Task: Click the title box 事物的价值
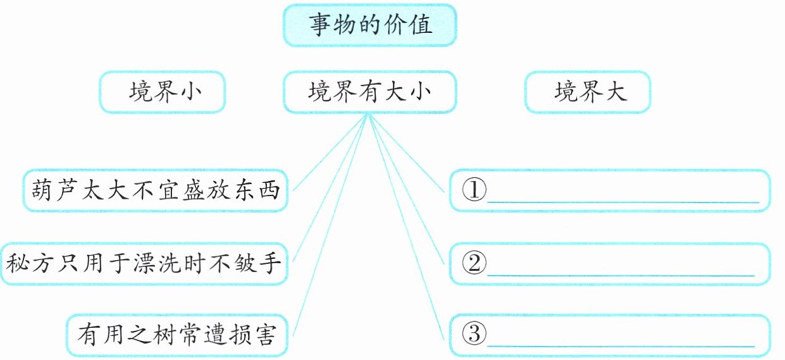(369, 25)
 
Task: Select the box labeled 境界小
(163, 92)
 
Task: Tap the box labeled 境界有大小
(369, 92)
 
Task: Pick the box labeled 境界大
(588, 92)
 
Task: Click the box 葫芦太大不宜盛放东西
(155, 190)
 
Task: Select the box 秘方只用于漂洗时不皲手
(144, 264)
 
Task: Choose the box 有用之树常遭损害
(177, 335)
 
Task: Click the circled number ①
(474, 190)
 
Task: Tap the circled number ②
(474, 263)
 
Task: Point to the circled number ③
(474, 333)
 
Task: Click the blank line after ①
(623, 202)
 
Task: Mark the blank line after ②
(621, 275)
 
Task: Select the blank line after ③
(621, 346)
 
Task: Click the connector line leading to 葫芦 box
(330, 152)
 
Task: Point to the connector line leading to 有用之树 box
(331, 225)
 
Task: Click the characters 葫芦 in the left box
(55, 190)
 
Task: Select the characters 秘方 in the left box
(30, 264)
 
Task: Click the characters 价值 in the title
(407, 25)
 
